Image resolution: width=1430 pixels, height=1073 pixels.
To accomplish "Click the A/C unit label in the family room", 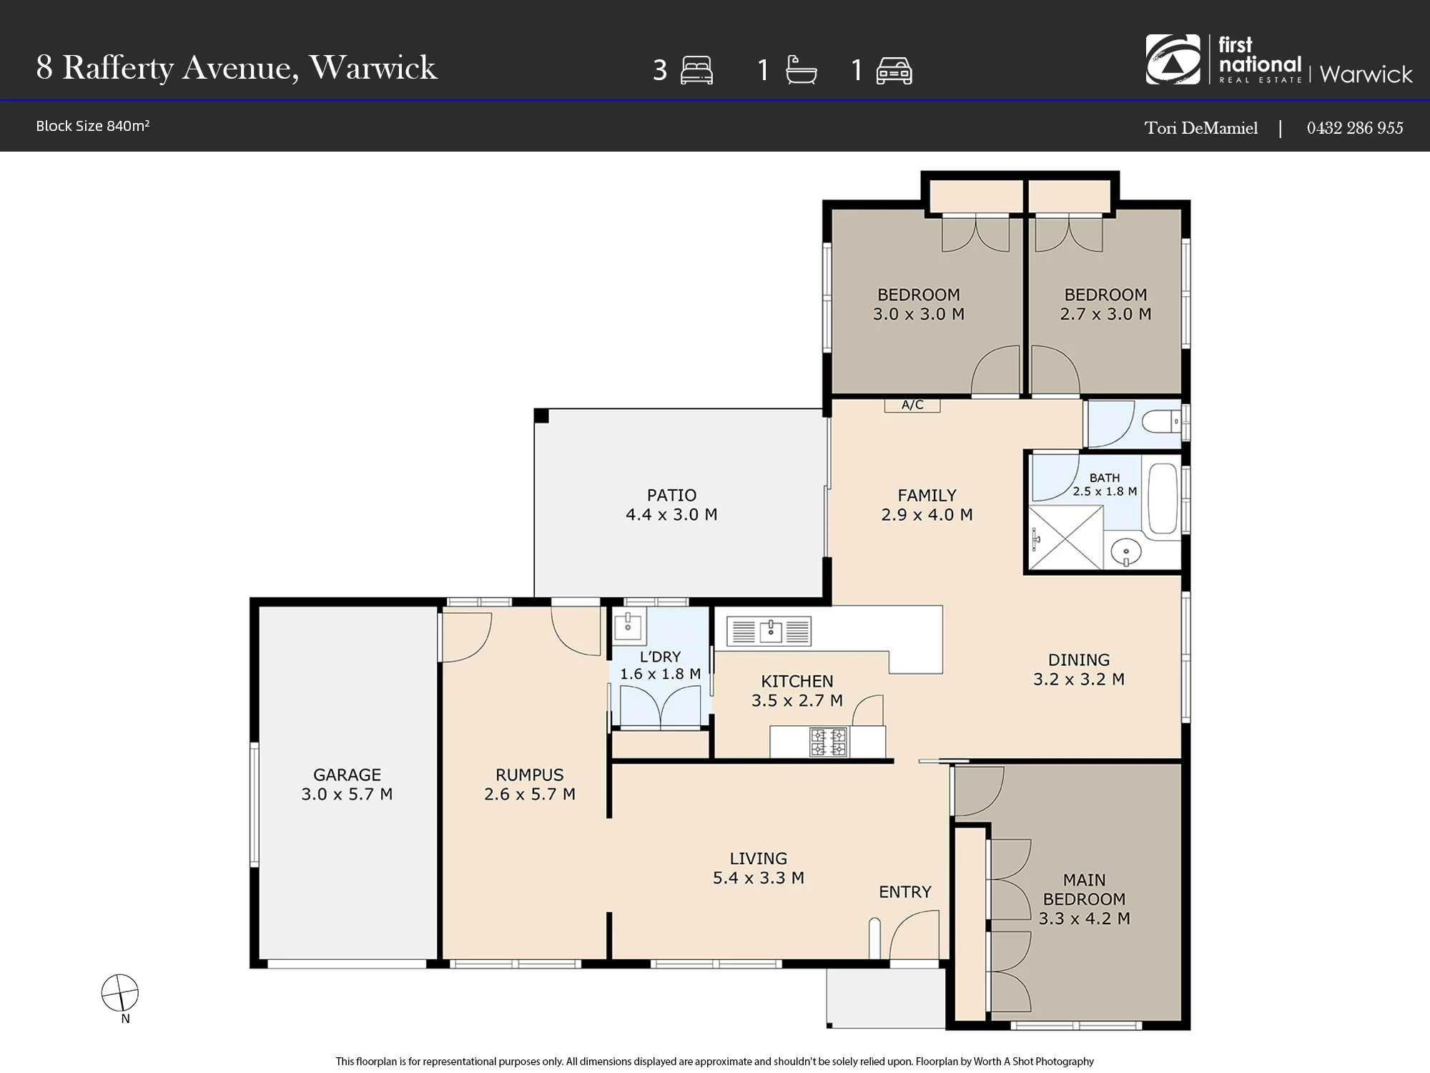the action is (912, 405).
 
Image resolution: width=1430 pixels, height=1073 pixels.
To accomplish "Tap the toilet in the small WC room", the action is (1161, 422).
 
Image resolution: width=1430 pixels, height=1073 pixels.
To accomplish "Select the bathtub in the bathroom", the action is (1163, 498).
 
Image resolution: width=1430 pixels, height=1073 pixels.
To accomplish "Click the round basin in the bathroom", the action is (1126, 552).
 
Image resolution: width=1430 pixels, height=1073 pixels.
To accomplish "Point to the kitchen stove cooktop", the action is (829, 742).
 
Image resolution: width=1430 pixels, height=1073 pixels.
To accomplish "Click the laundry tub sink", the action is (629, 624).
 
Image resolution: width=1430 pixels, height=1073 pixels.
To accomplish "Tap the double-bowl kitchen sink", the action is (769, 631).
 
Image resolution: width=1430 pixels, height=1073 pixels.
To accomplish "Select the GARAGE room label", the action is (347, 775).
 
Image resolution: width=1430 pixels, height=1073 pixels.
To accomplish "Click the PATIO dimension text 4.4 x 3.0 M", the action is (671, 514).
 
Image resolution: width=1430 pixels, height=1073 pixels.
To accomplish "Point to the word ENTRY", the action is (905, 892).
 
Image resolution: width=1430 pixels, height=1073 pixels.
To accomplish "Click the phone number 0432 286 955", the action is (1355, 127).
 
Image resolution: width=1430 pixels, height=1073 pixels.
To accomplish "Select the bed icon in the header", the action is (697, 71).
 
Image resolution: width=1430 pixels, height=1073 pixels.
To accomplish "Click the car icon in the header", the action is (894, 71).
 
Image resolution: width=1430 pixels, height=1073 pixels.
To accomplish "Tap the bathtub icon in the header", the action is (801, 71).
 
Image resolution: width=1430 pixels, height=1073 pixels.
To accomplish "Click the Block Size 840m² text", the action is (93, 126).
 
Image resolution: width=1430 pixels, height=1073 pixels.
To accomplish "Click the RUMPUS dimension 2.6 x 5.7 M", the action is (530, 794).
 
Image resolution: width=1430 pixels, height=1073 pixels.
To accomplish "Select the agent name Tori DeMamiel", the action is (1201, 128).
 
